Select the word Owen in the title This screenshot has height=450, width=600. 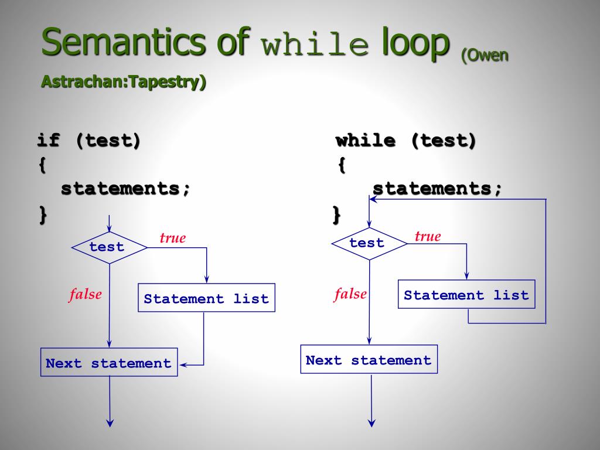click(x=486, y=56)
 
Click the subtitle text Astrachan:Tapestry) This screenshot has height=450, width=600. click(x=124, y=81)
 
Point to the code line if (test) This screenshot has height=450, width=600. click(x=89, y=141)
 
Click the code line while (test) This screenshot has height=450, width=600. click(x=405, y=141)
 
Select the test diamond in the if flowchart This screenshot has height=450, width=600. click(x=109, y=247)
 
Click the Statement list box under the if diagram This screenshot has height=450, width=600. click(x=206, y=298)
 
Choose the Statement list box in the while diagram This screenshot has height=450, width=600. click(x=466, y=295)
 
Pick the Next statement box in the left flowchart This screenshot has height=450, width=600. click(x=109, y=363)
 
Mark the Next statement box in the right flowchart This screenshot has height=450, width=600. click(x=369, y=360)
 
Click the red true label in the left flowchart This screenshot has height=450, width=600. click(x=173, y=238)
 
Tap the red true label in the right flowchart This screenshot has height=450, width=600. click(x=428, y=237)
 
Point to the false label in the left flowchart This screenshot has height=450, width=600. click(x=86, y=294)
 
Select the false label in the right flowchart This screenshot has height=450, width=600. click(x=350, y=294)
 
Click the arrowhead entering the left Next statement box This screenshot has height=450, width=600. click(x=183, y=365)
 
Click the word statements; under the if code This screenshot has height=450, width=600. click(x=126, y=189)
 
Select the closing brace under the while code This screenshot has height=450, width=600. click(x=336, y=214)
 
